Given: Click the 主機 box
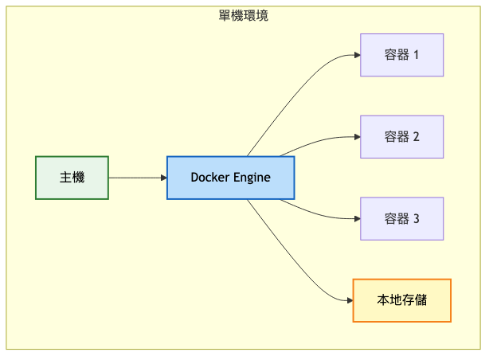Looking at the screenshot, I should click(x=72, y=178).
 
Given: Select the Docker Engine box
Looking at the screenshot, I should click(x=230, y=178).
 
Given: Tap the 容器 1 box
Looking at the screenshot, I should click(x=401, y=55).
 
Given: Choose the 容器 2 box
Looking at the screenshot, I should click(x=401, y=136).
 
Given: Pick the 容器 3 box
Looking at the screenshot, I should click(x=401, y=218).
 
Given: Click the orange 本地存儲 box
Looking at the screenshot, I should click(x=401, y=300).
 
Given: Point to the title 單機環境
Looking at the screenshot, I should click(x=243, y=15).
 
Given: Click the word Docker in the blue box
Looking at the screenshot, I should click(x=209, y=178).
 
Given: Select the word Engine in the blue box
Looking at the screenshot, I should click(x=252, y=178).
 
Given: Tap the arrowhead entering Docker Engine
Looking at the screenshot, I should click(x=162, y=178).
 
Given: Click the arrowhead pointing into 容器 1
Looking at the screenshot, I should click(x=356, y=55).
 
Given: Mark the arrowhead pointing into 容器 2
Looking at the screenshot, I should click(x=356, y=136).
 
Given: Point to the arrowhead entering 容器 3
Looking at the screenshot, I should click(x=356, y=218).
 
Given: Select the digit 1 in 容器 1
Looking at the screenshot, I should click(x=416, y=55).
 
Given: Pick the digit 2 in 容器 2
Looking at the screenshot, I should click(x=416, y=136).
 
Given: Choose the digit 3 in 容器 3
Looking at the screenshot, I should click(x=416, y=218).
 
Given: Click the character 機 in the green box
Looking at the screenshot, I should click(x=78, y=178).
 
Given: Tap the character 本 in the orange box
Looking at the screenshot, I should click(x=383, y=300).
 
